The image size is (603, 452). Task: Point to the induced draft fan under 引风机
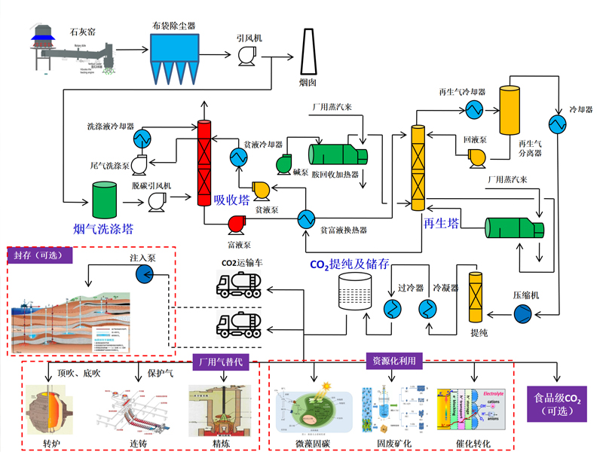click(x=245, y=55)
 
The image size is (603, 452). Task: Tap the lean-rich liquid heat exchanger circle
click(x=306, y=219)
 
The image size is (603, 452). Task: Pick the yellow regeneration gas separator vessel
click(x=510, y=109)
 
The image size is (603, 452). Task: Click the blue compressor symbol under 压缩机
click(x=522, y=313)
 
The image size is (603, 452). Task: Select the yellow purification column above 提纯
click(x=476, y=298)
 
